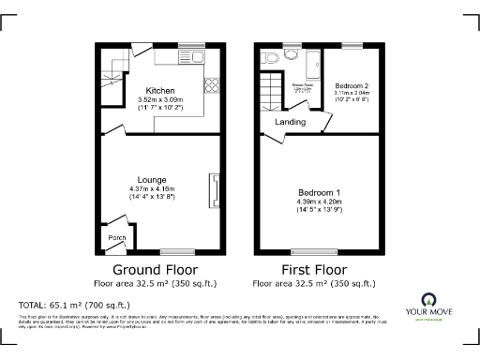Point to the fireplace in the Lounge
[214, 188]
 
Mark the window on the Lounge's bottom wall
[174, 250]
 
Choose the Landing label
[290, 122]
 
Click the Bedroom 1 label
[319, 193]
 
